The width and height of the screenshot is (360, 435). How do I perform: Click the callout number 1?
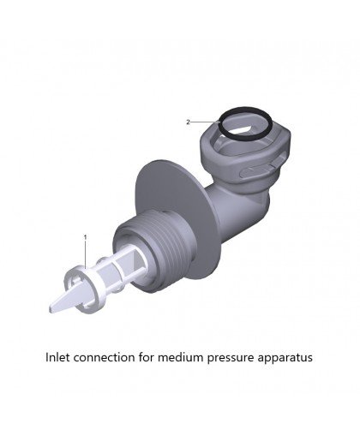tap(85, 237)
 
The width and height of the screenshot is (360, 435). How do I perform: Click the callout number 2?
tap(188, 122)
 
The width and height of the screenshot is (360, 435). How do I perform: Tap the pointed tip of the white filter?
tap(51, 309)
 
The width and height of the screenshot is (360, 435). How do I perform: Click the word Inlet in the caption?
tap(58, 357)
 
